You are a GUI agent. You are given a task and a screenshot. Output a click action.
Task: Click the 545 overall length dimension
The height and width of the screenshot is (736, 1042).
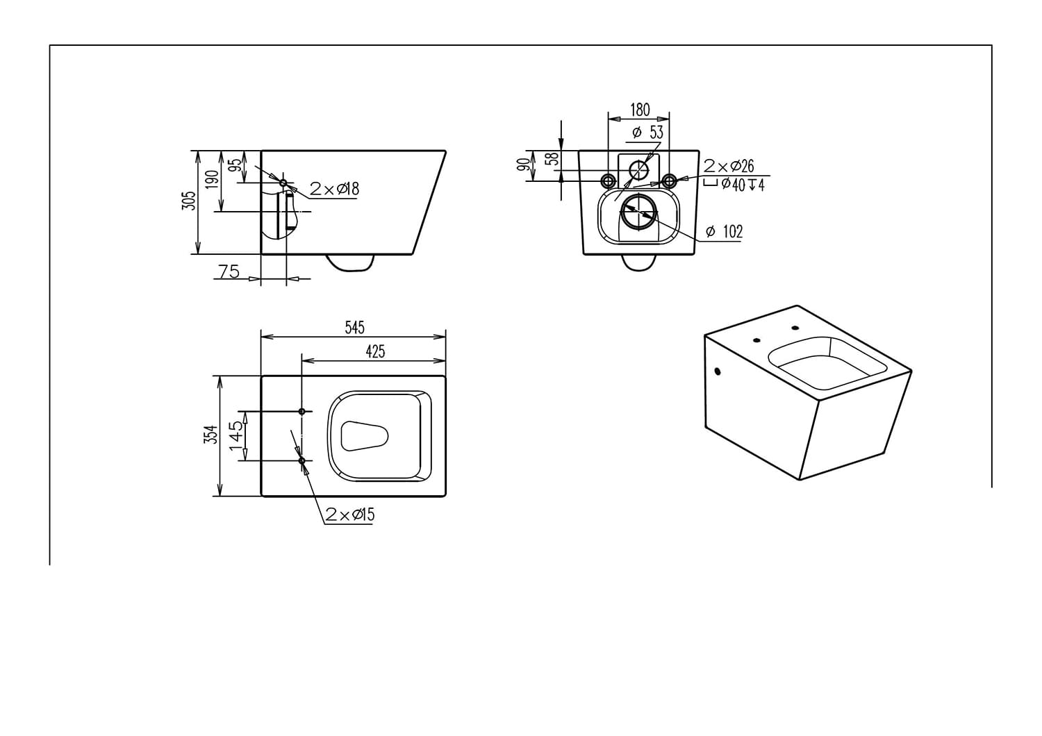[x=354, y=327]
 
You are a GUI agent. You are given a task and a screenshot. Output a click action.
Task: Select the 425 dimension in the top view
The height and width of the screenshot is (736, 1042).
[x=375, y=351]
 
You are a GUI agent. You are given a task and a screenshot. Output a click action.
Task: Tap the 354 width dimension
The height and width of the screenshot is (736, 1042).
[x=213, y=435]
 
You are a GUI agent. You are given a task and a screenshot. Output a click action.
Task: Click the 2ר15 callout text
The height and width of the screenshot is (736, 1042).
[x=350, y=515]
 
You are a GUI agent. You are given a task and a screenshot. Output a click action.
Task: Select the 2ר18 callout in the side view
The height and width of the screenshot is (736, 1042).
[x=334, y=189]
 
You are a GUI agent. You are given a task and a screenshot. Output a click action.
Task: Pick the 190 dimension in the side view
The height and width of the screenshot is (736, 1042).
[x=213, y=179]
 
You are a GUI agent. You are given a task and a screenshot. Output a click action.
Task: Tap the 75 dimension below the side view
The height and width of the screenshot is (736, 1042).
[x=229, y=271]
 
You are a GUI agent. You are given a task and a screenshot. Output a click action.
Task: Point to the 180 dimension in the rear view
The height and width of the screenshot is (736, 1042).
[x=640, y=110]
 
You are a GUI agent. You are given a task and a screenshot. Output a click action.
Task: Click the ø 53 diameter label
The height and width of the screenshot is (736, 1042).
[x=648, y=132]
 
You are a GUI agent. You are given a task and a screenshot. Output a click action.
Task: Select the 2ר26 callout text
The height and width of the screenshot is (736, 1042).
[x=729, y=166]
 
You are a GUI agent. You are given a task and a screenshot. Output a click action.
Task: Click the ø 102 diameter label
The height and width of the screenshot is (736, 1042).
[x=724, y=232]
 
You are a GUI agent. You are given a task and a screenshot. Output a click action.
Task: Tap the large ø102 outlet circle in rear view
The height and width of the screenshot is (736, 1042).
[x=638, y=212]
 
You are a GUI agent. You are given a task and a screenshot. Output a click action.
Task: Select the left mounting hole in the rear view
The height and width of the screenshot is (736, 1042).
[x=608, y=181]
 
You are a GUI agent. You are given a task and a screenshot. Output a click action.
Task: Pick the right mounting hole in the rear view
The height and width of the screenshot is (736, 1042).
[x=669, y=181]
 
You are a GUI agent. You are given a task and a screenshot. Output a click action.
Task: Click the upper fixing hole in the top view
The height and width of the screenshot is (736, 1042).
[x=301, y=412]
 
